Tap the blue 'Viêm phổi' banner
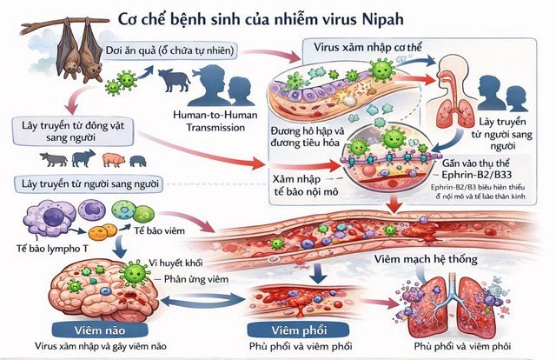tap(276, 330)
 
